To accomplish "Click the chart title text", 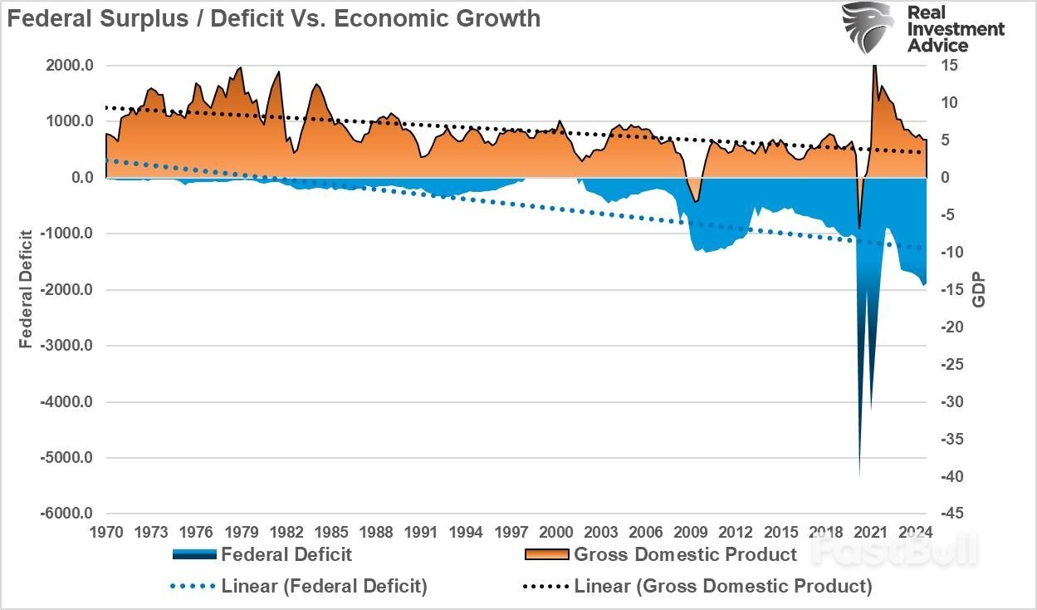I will coord(275,17).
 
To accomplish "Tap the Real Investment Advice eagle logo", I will coord(868,27).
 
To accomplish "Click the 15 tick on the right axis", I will coord(949,66).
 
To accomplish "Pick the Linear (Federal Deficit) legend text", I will coord(325,587).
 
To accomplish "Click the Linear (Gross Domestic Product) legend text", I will coord(723,587).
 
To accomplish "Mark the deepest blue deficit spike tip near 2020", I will coord(859,475).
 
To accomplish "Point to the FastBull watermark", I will coord(895,551).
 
